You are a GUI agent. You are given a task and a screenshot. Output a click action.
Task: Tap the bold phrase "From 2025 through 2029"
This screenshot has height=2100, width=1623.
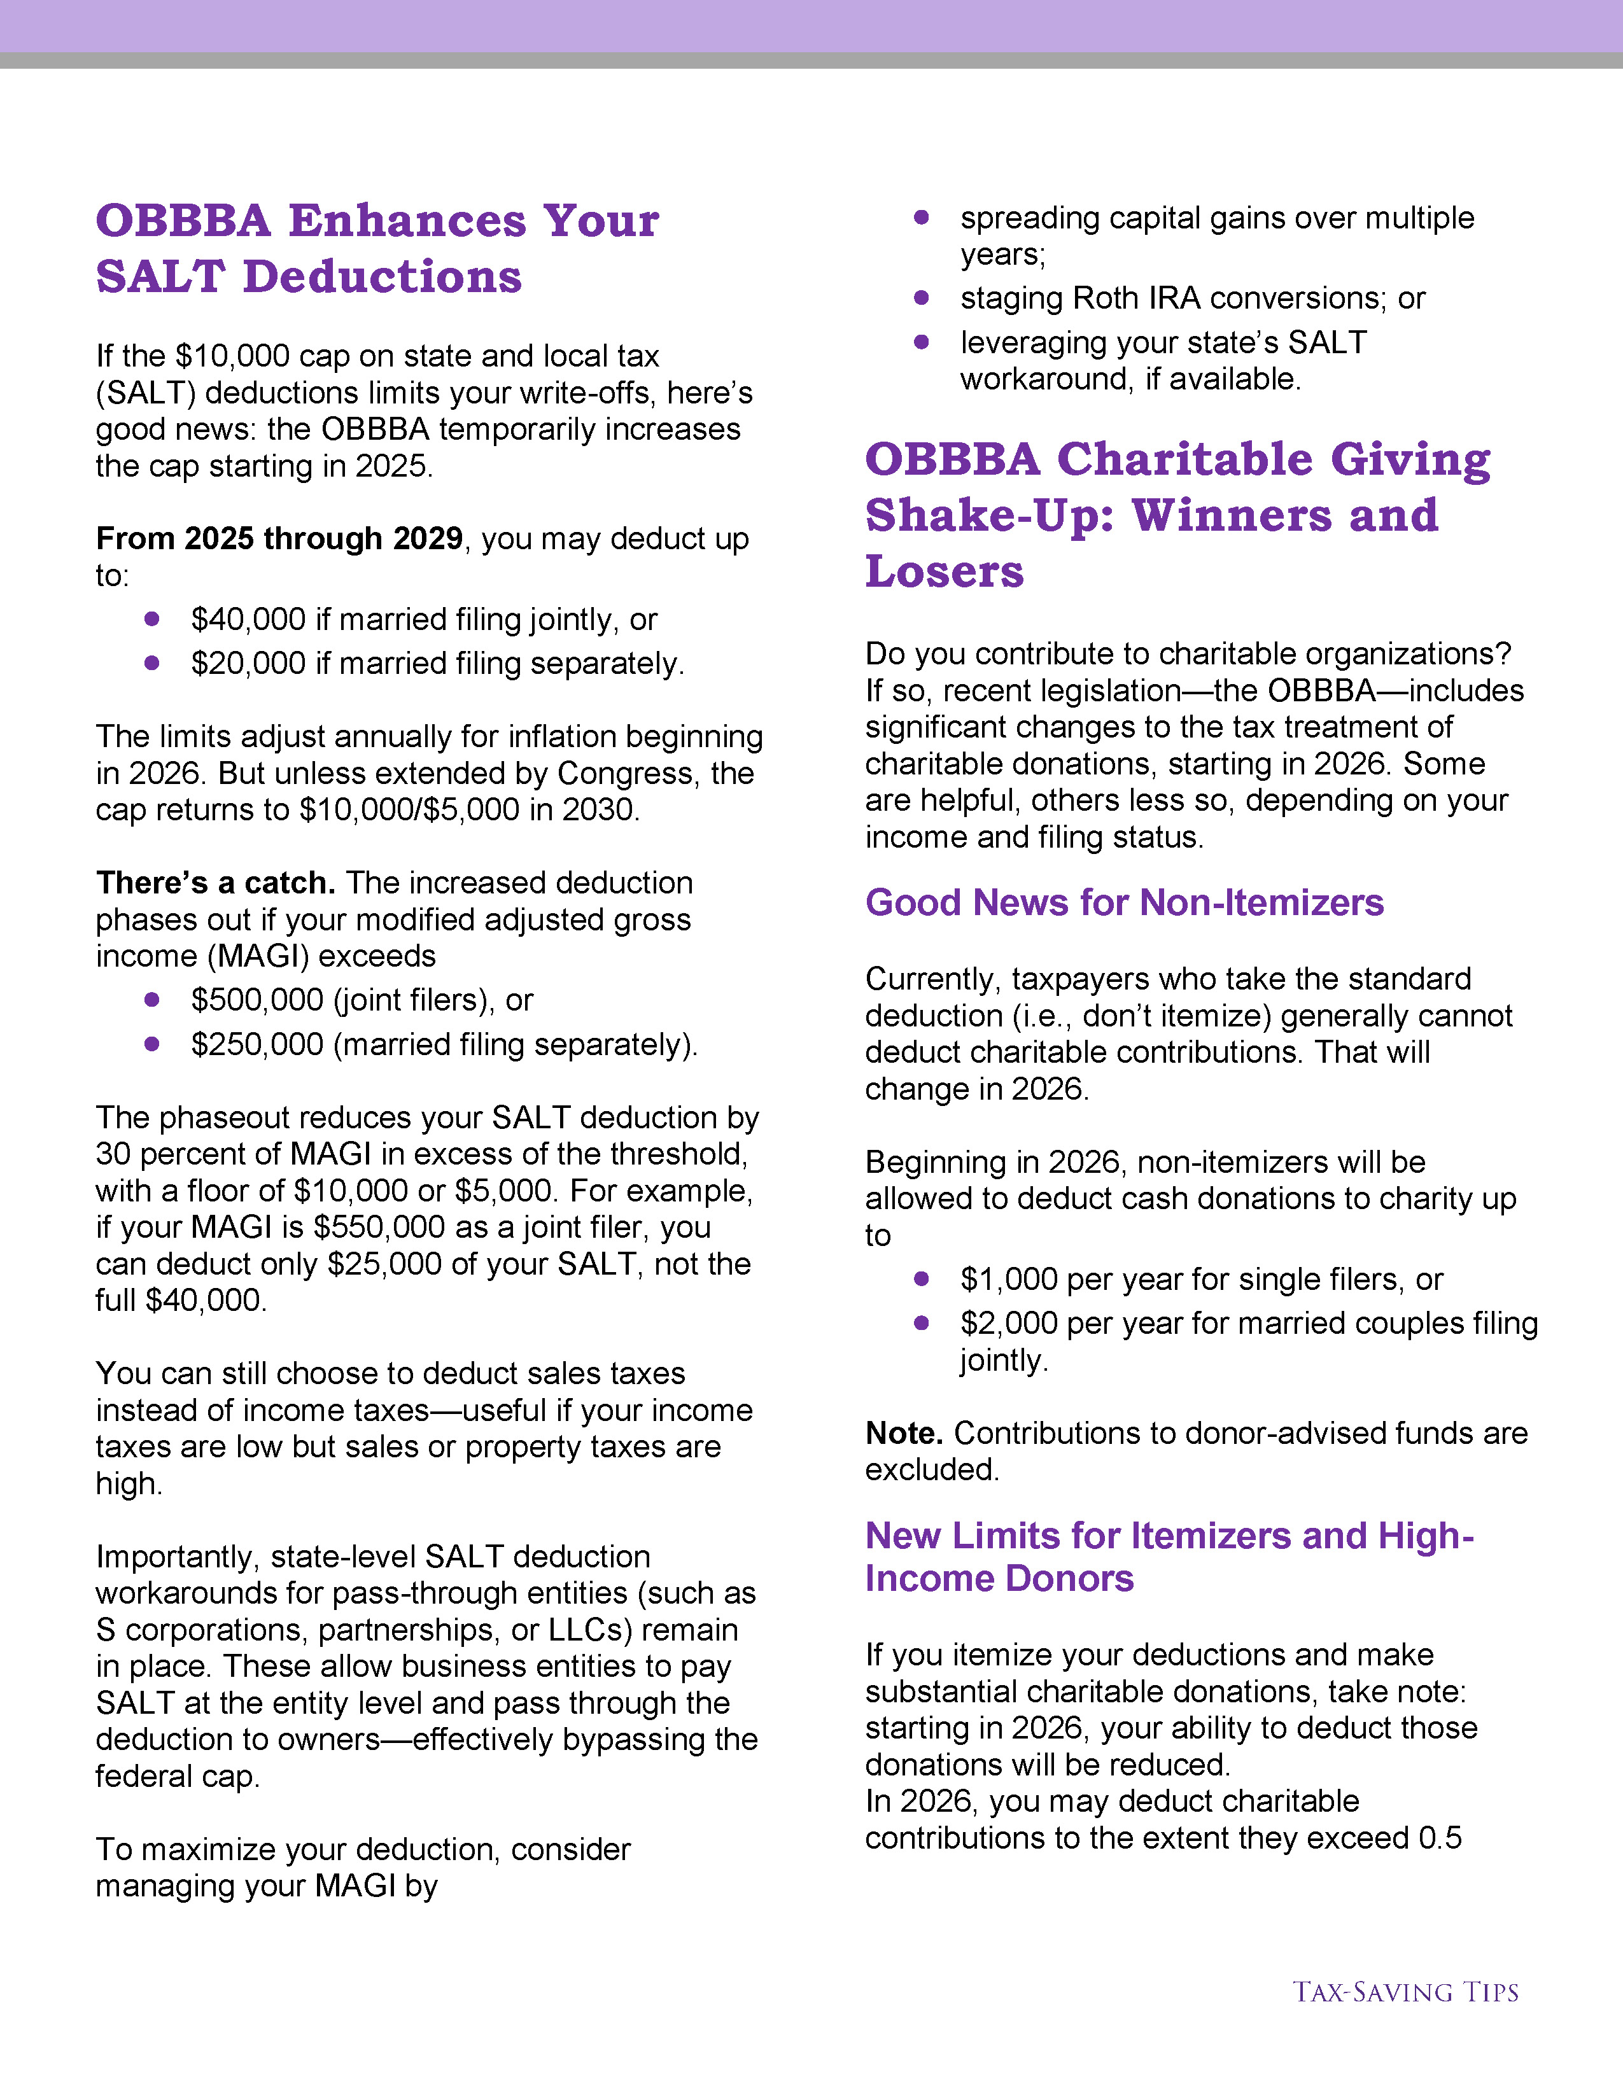279,538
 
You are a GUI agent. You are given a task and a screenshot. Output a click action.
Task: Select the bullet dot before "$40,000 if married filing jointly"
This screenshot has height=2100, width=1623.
152,619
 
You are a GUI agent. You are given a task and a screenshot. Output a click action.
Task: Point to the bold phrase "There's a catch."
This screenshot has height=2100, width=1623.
215,883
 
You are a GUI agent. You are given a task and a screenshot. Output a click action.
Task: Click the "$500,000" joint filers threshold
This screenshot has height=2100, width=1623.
256,1000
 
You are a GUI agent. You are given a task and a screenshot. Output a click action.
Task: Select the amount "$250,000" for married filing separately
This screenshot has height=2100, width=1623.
256,1044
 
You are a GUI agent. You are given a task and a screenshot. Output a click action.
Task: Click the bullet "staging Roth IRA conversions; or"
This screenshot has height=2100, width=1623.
1192,298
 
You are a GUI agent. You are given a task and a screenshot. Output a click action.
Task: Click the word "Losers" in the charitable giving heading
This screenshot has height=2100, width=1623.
944,571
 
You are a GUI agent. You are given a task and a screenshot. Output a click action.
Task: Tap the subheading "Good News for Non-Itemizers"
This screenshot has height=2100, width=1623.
1124,903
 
